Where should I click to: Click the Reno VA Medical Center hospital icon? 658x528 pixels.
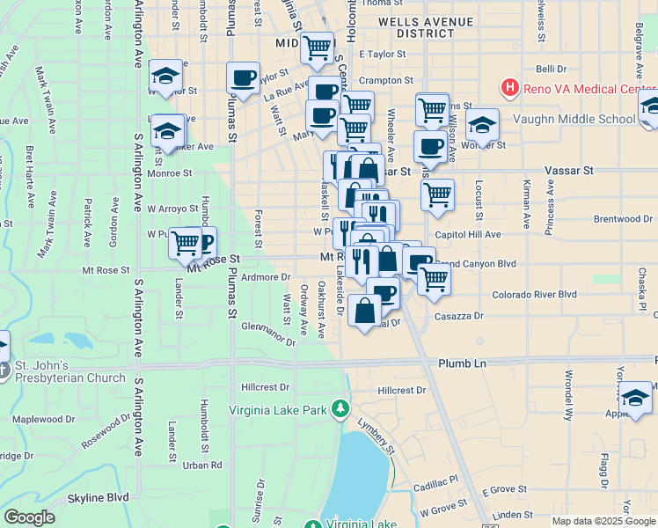[509, 87]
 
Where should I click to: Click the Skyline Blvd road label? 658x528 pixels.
[99, 497]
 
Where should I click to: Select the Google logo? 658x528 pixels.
[29, 518]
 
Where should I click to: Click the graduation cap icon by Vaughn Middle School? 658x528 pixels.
[482, 125]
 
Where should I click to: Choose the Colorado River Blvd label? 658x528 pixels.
[535, 295]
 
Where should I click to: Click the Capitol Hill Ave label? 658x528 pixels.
[468, 235]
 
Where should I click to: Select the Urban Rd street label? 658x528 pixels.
[203, 465]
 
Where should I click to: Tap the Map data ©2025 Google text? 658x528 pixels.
[603, 521]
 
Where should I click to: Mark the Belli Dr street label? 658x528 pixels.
[551, 68]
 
